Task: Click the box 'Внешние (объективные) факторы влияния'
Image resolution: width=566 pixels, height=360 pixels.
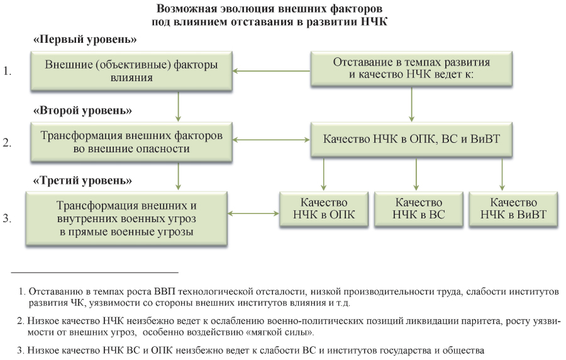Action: pos(131,70)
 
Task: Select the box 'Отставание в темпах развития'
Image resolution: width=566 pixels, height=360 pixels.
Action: pos(411,69)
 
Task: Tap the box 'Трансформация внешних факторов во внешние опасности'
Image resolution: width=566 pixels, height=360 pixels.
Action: pos(131,142)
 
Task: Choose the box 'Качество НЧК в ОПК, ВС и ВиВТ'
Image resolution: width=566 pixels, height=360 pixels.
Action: pos(411,139)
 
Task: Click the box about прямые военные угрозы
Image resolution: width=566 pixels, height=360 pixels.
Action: pos(126,219)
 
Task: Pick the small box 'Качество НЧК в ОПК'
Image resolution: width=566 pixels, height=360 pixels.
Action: pos(324,209)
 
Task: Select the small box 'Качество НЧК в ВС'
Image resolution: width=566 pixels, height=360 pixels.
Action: pos(419,209)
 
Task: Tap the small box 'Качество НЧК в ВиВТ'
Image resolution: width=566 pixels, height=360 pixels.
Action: pos(513,209)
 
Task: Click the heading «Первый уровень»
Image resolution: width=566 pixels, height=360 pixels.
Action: pos(85,39)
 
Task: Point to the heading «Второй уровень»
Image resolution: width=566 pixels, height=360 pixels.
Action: pos(82,110)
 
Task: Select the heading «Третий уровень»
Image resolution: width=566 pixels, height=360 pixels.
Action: pos(82,180)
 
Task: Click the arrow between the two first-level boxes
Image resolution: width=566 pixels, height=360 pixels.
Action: pos(272,70)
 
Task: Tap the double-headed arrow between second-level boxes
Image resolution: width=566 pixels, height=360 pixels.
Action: pos(272,140)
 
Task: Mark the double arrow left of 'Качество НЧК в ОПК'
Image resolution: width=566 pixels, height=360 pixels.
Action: pos(253,214)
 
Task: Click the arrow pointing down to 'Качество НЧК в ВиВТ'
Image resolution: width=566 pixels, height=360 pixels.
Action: pos(502,174)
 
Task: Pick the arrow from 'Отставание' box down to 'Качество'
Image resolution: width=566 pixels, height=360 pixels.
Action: pos(411,104)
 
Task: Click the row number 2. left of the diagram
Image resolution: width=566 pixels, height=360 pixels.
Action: pos(7,143)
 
